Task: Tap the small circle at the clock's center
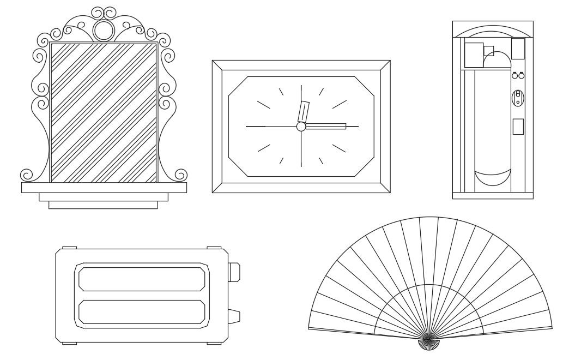301,127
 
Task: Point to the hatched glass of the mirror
104,112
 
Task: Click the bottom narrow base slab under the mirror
103,205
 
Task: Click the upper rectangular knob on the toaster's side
234,272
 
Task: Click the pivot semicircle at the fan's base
431,342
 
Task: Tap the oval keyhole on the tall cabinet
518,98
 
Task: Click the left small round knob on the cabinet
514,76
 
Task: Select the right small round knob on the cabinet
521,76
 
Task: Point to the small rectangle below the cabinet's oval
518,127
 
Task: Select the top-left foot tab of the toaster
69,248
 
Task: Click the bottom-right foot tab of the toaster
214,343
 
